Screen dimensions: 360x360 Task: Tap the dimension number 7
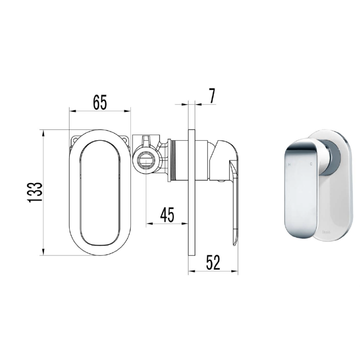coord(212,96)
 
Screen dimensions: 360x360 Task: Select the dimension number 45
coord(167,215)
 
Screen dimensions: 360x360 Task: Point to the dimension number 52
coord(213,262)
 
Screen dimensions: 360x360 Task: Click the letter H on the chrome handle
coord(289,163)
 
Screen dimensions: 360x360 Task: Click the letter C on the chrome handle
coord(311,163)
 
